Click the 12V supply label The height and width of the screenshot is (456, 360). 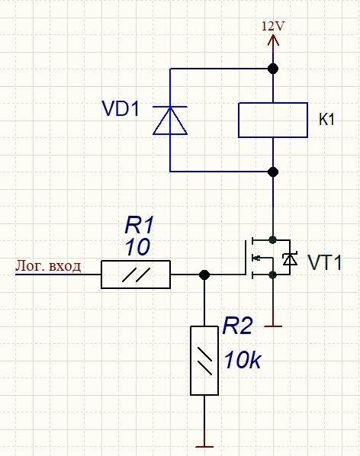(272, 27)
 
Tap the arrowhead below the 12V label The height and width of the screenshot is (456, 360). (273, 40)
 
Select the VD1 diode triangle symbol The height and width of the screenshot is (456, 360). (170, 120)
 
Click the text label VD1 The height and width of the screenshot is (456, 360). (121, 108)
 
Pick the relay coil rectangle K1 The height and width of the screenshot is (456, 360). (273, 120)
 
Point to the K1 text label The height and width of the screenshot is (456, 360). (326, 119)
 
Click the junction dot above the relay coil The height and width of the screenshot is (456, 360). (273, 69)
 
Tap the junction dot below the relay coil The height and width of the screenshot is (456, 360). (273, 172)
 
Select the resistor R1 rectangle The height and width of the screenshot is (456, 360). (136, 275)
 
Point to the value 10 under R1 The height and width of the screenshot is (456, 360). (137, 247)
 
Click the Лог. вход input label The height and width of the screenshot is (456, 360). (48, 266)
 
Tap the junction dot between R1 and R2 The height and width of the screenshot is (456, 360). (204, 275)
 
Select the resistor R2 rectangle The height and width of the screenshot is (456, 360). (204, 361)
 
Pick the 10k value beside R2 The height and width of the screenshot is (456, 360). (243, 361)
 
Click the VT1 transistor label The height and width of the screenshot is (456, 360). (324, 262)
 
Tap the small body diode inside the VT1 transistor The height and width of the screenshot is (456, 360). (290, 259)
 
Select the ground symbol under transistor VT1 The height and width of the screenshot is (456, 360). (273, 326)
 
